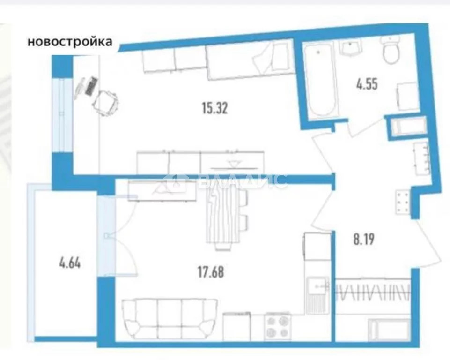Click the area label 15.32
click(x=214, y=109)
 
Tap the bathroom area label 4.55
click(x=367, y=84)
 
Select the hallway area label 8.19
click(x=364, y=239)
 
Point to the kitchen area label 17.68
click(x=211, y=272)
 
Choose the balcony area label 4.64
click(x=70, y=263)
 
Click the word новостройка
click(x=70, y=42)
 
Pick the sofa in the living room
click(x=170, y=319)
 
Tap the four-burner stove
click(x=277, y=326)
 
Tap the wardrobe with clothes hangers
click(x=373, y=293)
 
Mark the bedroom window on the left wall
click(x=61, y=114)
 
